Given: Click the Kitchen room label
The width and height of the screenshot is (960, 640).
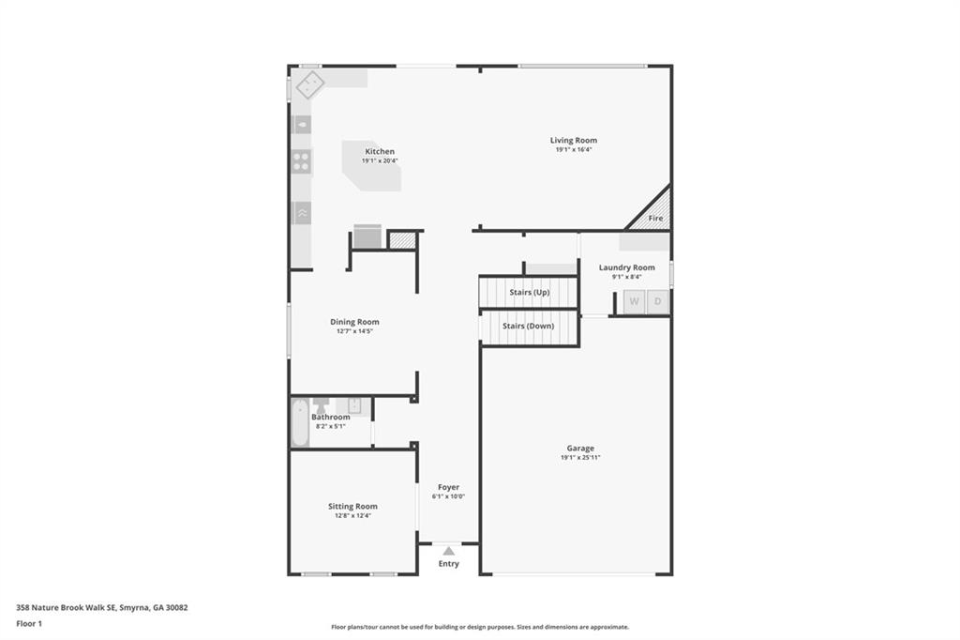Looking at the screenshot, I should point(380,151).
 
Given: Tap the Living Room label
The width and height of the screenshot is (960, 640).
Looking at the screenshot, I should point(573,140).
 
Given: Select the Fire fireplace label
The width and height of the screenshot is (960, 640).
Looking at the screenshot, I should point(655,218).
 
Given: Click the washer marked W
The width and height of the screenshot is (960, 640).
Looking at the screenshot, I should point(634,301).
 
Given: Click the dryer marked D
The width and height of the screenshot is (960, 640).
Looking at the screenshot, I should point(658,301).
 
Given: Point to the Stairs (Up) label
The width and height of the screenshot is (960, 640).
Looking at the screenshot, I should point(529,292).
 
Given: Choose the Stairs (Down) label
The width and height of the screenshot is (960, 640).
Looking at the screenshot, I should point(528,326).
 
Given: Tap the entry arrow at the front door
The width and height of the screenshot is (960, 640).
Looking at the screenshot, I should point(449,551).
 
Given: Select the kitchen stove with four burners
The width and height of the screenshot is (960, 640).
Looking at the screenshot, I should point(301,161).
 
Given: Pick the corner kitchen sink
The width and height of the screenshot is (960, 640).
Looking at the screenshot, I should point(308,85).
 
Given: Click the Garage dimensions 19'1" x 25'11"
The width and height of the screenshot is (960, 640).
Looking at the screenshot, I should point(579,458).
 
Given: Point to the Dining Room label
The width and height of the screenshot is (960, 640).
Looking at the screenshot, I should point(354,322).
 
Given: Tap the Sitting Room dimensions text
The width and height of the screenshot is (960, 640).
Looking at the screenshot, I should point(352,515).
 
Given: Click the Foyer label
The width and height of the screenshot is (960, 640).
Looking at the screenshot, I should point(448,487).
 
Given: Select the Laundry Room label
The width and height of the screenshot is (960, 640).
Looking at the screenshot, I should point(626,267).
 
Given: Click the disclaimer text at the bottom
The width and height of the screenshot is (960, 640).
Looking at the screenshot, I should point(479,627).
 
